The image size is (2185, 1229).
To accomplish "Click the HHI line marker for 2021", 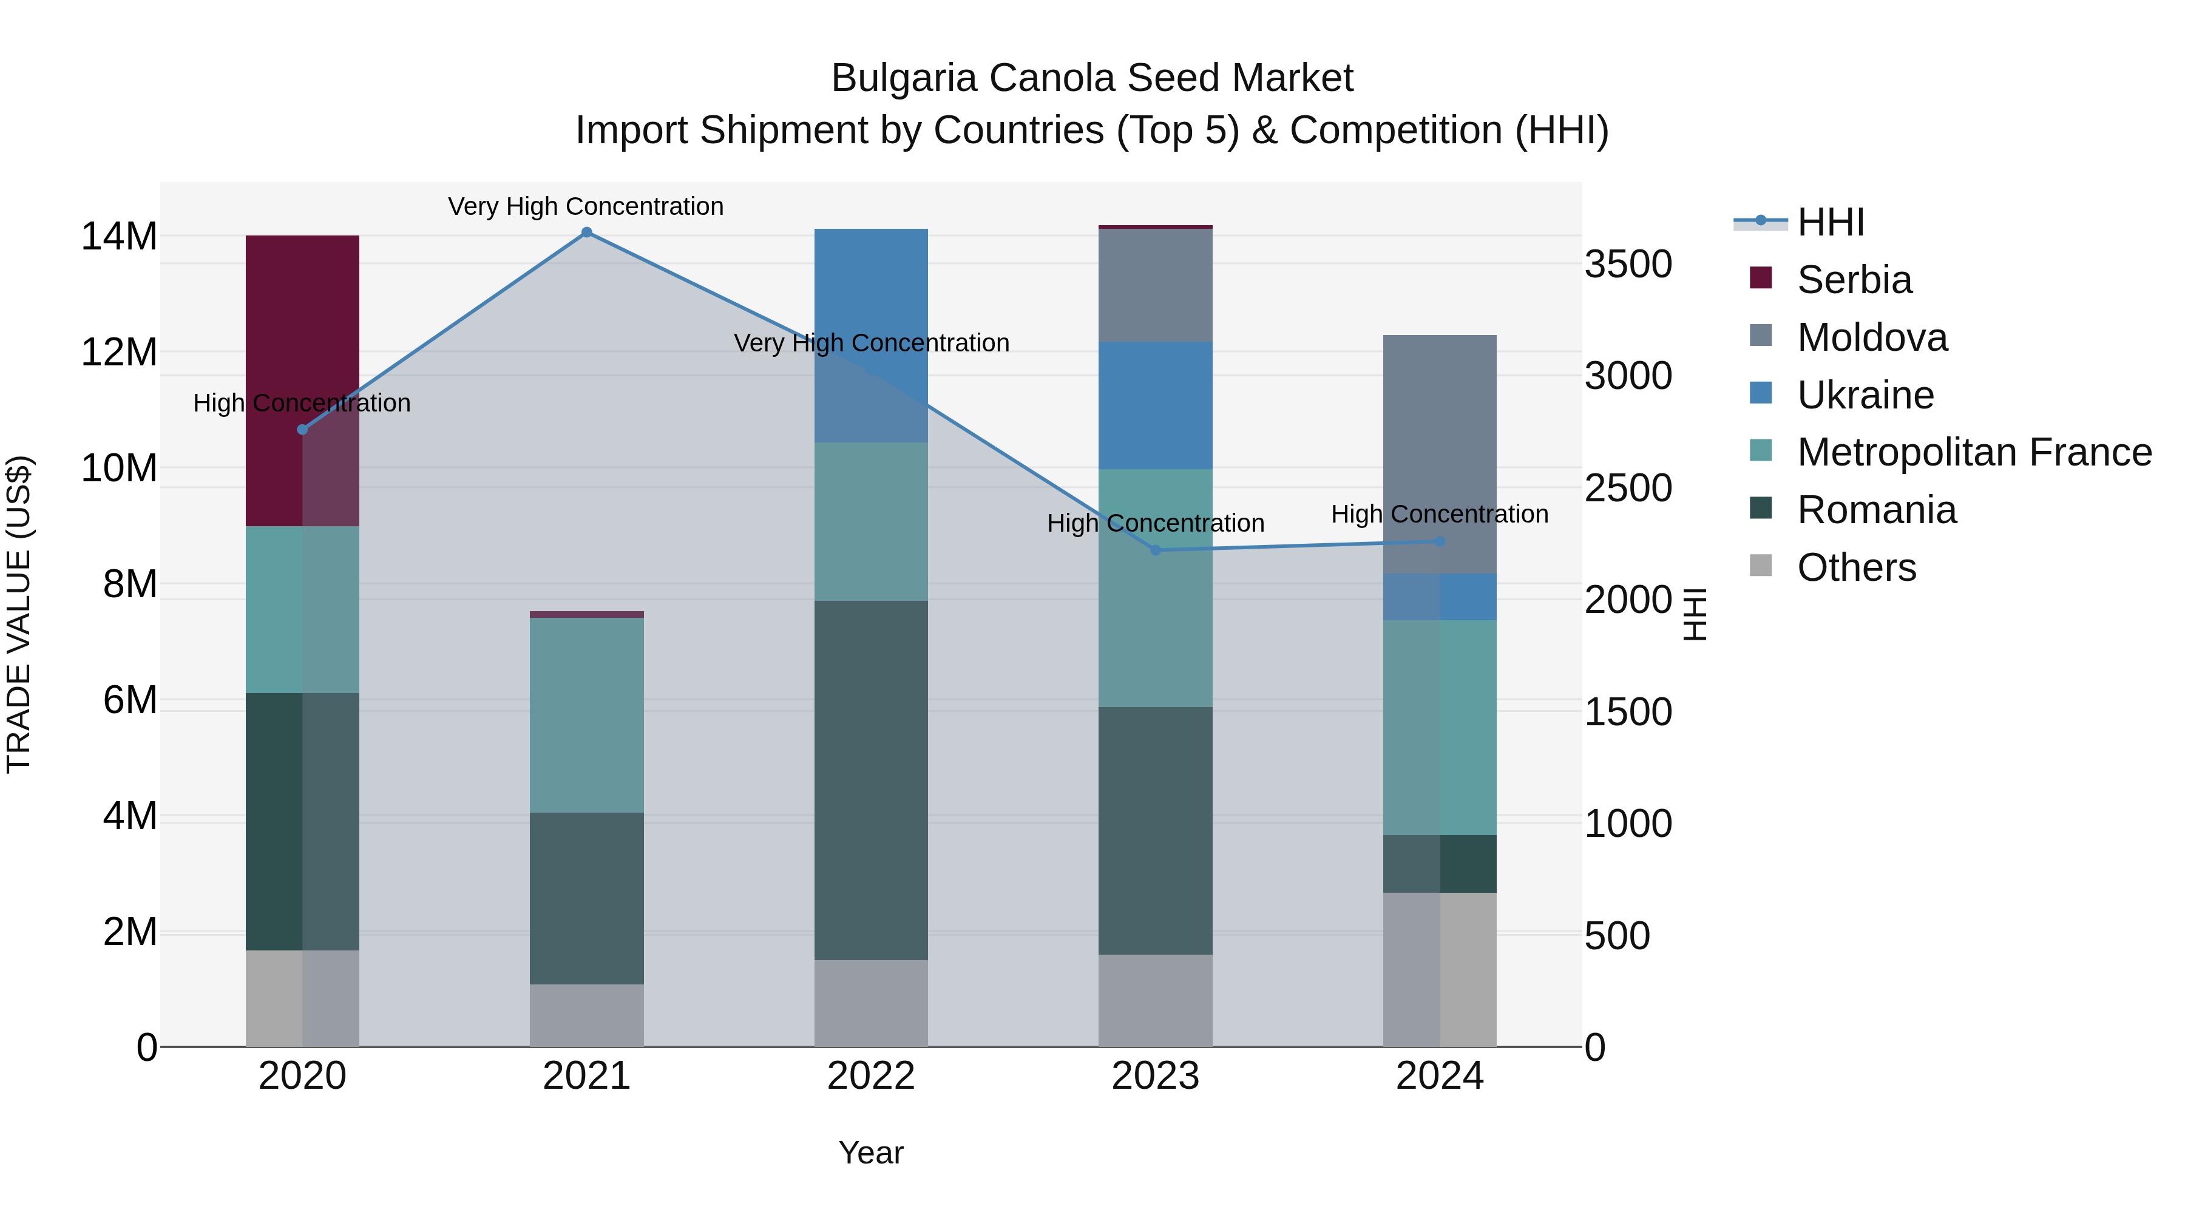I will (586, 232).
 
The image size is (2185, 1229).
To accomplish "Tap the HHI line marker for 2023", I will (1155, 550).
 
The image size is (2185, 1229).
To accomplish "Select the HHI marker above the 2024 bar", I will (1440, 541).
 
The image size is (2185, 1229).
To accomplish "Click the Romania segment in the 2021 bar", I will (586, 899).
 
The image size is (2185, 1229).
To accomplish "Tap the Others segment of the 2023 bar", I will (1155, 1001).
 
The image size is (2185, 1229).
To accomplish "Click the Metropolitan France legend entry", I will (1973, 452).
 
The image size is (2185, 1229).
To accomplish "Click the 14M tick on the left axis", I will (119, 236).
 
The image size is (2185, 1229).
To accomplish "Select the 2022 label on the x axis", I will (871, 1076).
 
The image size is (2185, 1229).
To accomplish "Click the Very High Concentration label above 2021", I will (586, 206).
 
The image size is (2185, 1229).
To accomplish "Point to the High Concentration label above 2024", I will (1440, 514).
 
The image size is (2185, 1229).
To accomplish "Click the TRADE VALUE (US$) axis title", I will (19, 614).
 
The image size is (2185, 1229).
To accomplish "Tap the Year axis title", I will (871, 1153).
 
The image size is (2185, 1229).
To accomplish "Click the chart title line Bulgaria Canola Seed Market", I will (1092, 78).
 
